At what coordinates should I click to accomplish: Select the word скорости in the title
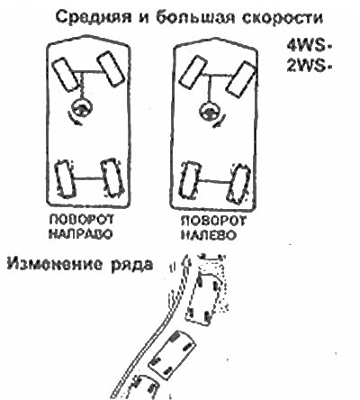pos(283,18)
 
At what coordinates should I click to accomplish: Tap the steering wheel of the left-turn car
pos(210,111)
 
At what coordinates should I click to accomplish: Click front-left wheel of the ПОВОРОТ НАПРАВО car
pos(65,74)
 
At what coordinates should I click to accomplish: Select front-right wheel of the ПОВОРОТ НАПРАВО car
pos(111,68)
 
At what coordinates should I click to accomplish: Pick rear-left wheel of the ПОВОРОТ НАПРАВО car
pos(65,178)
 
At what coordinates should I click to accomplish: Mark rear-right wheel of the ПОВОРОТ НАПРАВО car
pos(112,177)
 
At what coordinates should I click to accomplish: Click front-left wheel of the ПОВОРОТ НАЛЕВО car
pos(193,70)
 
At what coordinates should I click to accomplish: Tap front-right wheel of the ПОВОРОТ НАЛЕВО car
pos(240,78)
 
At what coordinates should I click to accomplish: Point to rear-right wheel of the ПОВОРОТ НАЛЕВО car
pos(239,184)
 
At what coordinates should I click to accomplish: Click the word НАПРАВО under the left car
pos(80,233)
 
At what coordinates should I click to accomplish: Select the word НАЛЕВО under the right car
pos(209,234)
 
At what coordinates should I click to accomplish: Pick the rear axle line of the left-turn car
pos(214,181)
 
